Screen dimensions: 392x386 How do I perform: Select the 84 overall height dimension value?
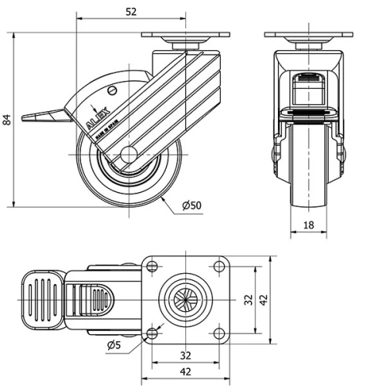(7, 120)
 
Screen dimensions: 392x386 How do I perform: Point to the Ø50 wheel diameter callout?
(191, 205)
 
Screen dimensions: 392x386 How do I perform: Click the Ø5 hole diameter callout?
(113, 343)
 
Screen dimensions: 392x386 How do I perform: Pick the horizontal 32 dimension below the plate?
(186, 356)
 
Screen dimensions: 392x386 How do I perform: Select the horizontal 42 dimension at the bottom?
(186, 372)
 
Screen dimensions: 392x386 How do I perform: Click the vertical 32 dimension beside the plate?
(249, 299)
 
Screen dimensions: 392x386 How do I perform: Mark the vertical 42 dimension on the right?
(265, 299)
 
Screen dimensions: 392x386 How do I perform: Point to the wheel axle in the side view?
(129, 154)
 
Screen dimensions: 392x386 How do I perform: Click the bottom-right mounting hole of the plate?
(220, 333)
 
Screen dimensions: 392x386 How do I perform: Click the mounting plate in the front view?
(309, 35)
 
